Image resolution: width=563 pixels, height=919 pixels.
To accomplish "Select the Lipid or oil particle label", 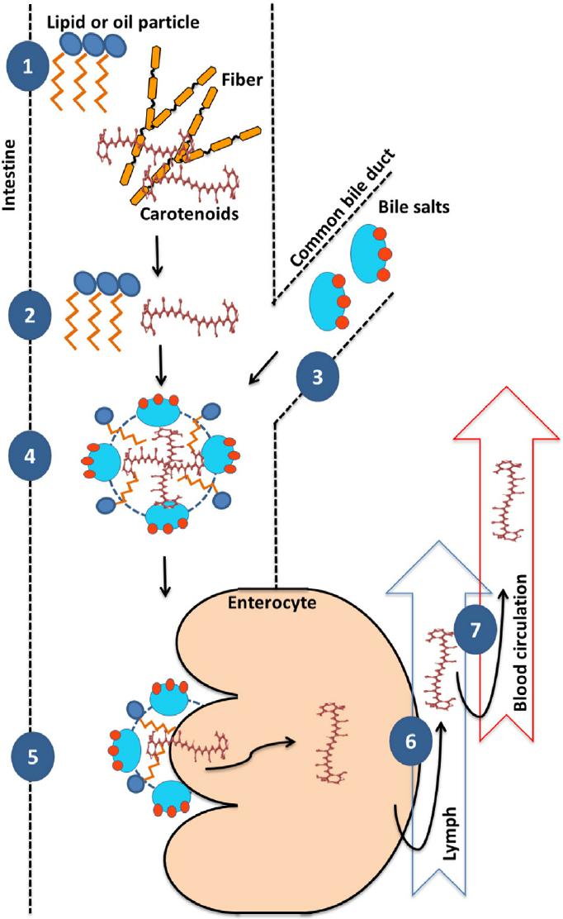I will (x=124, y=21).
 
